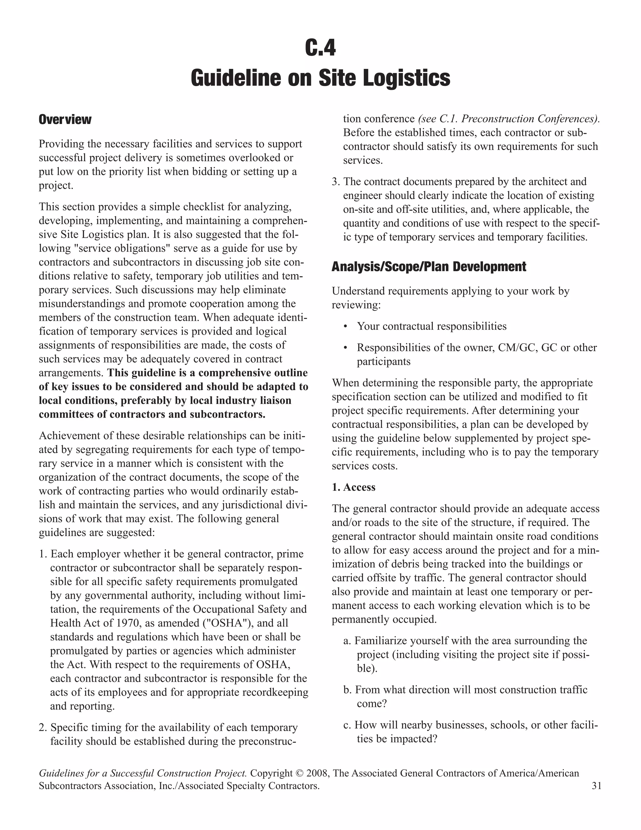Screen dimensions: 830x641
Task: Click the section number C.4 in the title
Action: pos(320,48)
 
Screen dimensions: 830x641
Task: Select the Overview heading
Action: pos(65,120)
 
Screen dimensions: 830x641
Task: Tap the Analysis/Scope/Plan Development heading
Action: pos(429,267)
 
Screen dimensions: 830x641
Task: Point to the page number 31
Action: pos(596,786)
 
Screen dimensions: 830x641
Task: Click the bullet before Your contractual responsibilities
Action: pos(345,326)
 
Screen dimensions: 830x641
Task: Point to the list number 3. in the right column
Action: pos(336,182)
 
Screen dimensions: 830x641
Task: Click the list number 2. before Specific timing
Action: pos(43,728)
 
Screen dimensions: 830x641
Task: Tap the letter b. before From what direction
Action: pos(347,690)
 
